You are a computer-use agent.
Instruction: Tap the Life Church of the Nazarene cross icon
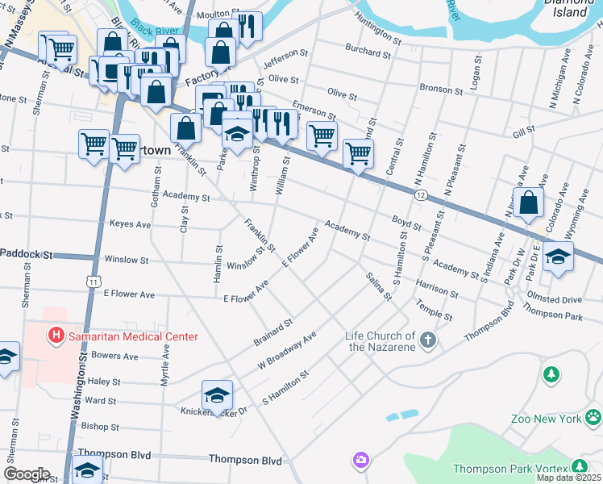(x=428, y=340)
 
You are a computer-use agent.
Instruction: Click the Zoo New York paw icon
(x=593, y=418)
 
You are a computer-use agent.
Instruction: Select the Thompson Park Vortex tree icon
(x=579, y=466)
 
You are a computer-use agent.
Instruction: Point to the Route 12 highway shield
(x=421, y=195)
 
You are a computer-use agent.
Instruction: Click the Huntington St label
(x=377, y=30)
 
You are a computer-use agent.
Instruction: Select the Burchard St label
(x=368, y=52)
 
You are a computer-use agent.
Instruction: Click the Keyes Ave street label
(x=130, y=223)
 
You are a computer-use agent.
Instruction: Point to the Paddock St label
(x=26, y=254)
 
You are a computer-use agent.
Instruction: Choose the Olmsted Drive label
(x=553, y=299)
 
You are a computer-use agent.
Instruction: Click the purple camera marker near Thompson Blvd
(x=360, y=461)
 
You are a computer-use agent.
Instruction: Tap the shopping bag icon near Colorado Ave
(x=529, y=203)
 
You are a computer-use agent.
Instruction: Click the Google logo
(x=27, y=474)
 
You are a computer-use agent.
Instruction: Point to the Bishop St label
(x=100, y=426)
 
